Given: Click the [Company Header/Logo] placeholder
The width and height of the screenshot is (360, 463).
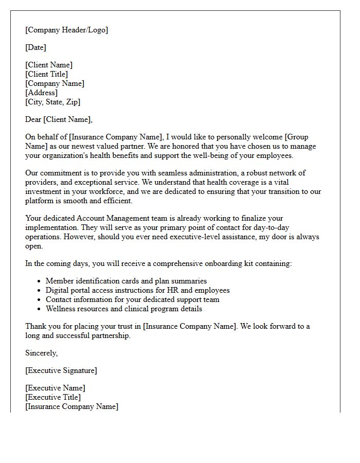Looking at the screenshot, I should (66, 30).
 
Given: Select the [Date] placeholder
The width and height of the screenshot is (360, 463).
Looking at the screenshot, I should (35, 47).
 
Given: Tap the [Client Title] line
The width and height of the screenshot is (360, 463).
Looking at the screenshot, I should (46, 74).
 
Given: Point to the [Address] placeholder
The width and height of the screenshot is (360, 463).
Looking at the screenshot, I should (41, 93).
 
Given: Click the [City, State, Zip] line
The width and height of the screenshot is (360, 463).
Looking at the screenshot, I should (52, 102).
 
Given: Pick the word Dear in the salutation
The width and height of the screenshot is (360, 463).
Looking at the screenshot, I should (33, 119).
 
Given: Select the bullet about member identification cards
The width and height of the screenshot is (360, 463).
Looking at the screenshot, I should (126, 281).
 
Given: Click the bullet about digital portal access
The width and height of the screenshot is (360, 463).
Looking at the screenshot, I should (137, 290).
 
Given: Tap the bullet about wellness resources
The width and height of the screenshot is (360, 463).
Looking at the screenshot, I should (123, 309).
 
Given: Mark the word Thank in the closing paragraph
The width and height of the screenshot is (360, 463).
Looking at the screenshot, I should (36, 326).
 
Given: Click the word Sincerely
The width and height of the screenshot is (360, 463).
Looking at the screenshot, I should (41, 353).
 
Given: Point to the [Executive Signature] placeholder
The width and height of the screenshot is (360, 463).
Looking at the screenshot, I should (61, 370).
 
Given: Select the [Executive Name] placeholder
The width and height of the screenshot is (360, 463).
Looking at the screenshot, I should (55, 388).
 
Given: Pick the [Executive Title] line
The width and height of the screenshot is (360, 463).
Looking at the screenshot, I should (53, 397).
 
